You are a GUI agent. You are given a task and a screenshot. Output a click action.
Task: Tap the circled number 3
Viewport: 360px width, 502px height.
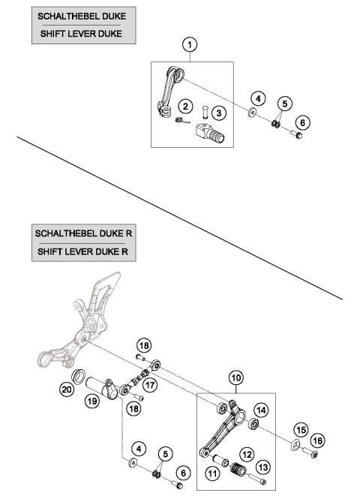218,112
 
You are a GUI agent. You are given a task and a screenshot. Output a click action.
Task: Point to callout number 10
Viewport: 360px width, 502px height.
235,381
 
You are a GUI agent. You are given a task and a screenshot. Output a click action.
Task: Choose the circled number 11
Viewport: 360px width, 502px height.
211,473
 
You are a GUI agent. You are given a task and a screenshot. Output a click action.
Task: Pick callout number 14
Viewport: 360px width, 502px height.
261,410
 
